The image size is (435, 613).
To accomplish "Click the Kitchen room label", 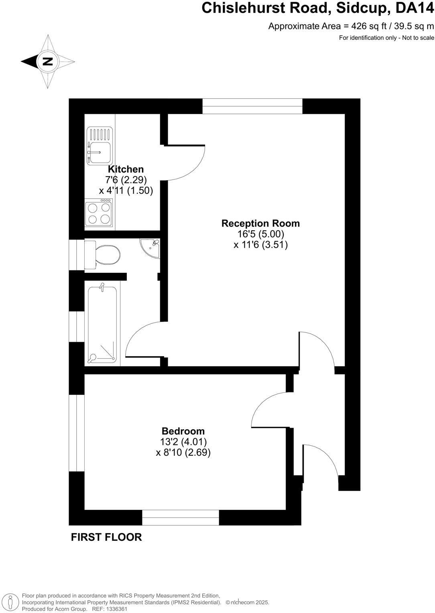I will click(126, 169).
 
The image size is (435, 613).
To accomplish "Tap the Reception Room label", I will click(260, 223).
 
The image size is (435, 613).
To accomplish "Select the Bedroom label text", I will click(183, 431).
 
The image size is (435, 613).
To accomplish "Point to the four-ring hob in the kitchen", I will click(99, 213).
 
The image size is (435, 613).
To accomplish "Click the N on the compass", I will click(48, 62).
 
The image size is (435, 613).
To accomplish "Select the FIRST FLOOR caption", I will click(106, 537).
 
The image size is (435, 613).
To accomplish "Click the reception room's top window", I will click(252, 106).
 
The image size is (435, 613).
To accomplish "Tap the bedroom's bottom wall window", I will click(181, 518).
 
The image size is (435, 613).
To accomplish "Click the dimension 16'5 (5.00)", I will click(260, 234).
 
